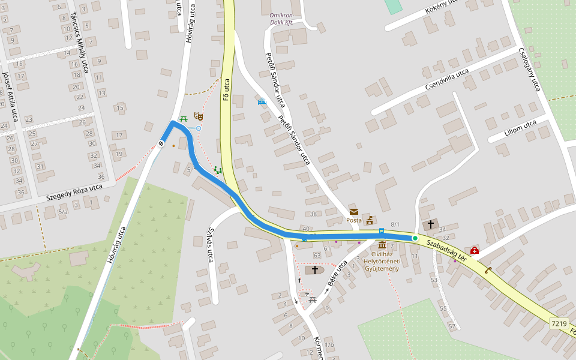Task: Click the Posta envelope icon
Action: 354,211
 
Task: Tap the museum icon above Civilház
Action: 382,245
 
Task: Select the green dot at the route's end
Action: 415,238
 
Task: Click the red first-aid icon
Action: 474,250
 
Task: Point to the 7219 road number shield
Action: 559,323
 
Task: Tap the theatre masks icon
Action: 199,116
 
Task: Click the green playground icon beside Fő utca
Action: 218,170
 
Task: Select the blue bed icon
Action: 261,102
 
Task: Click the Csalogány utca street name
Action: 530,70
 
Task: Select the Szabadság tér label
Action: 446,250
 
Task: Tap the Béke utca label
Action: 338,274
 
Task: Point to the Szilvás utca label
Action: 209,247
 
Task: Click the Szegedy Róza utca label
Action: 74,193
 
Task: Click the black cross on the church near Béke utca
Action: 314,270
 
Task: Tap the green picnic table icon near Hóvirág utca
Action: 184,119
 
